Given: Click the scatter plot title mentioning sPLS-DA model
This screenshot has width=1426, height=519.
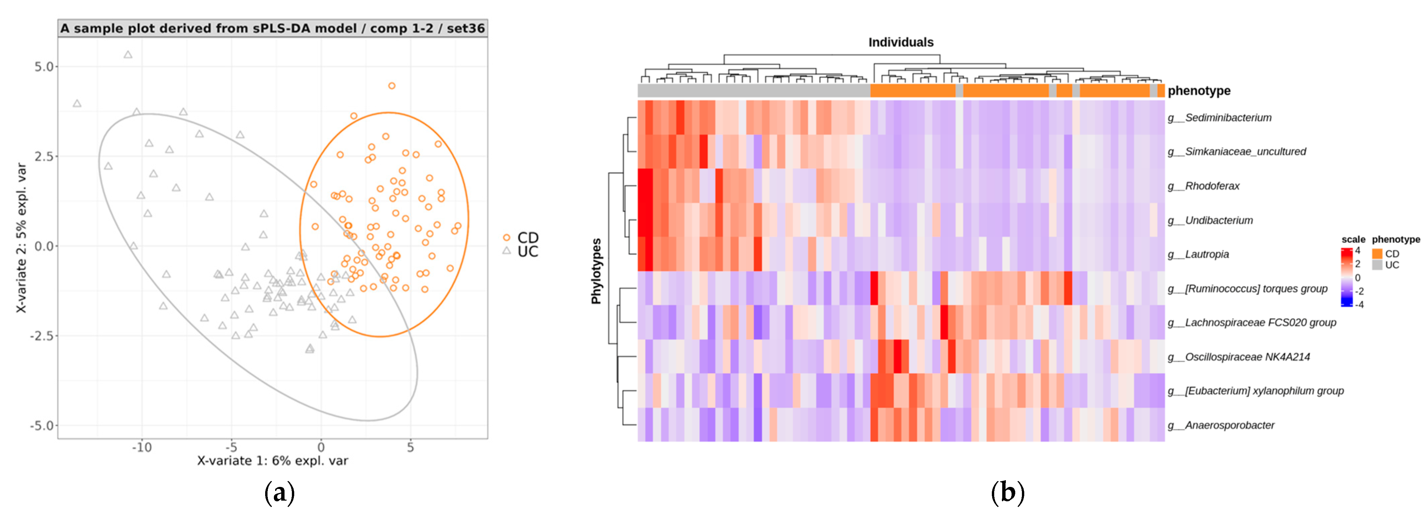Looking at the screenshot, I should point(273,28).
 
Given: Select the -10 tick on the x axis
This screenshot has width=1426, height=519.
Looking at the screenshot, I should point(141,447).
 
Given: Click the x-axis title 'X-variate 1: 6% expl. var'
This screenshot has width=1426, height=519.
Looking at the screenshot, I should point(273,461).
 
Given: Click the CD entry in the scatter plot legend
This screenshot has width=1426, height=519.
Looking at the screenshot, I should point(526,238).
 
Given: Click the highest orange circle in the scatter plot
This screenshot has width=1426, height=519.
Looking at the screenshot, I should point(391,86).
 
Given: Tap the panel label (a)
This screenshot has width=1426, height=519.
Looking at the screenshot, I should point(280,492).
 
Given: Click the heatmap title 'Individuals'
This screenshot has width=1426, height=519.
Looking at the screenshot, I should point(901,42).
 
